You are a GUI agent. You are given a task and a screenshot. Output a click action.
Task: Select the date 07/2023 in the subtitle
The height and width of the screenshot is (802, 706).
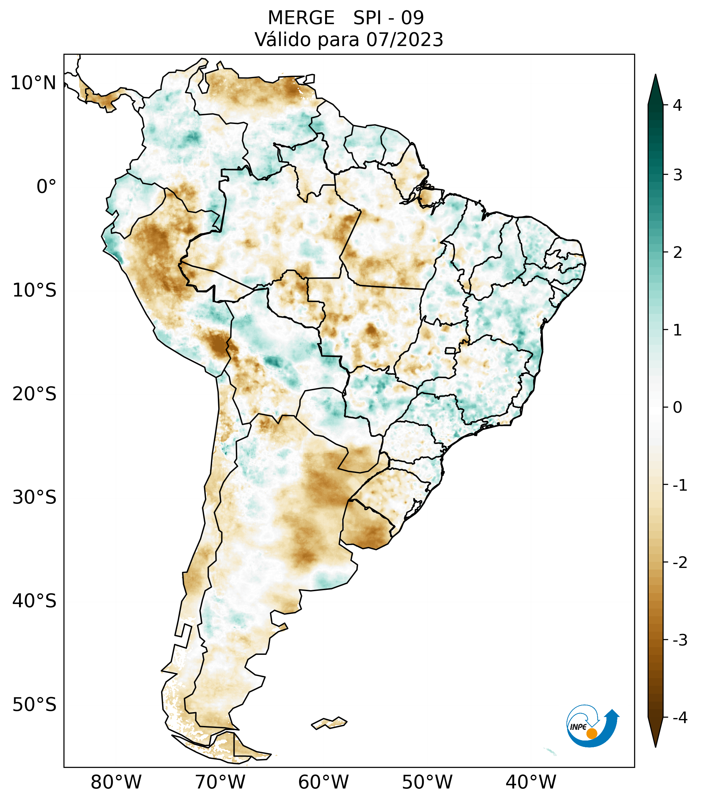[404, 40]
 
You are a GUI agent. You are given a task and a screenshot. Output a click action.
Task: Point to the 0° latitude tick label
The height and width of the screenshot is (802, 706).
[46, 187]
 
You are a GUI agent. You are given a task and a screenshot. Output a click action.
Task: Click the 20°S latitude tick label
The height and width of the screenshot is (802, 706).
[34, 394]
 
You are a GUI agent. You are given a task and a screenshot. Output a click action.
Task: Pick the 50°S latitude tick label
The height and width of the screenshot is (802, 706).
[34, 705]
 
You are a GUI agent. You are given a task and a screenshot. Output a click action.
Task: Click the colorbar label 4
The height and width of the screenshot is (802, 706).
[677, 105]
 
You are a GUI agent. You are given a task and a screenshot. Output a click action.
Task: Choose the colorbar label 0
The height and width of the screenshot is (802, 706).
[677, 408]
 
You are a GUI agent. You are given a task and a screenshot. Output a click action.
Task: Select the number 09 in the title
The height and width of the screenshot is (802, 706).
[413, 18]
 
